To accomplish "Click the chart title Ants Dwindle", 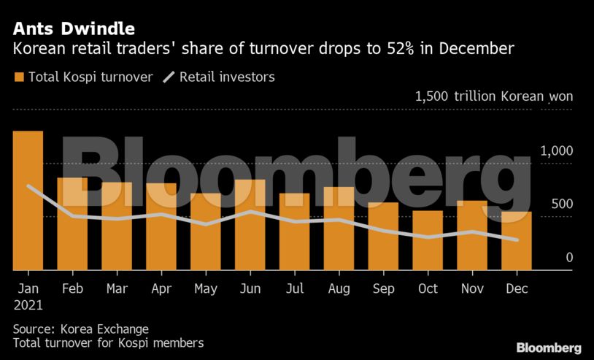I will pyautogui.click(x=73, y=29).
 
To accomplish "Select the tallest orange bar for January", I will pyautogui.click(x=28, y=201).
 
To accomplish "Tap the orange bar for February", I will pyautogui.click(x=72, y=223).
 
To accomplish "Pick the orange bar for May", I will pyautogui.click(x=205, y=231).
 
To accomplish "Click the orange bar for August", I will pyautogui.click(x=339, y=229).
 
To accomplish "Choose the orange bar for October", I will pyautogui.click(x=428, y=240).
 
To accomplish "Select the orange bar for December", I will pyautogui.click(x=516, y=241).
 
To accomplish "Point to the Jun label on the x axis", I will pyautogui.click(x=250, y=288).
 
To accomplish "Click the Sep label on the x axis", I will pyautogui.click(x=383, y=288).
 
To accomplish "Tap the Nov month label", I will pyautogui.click(x=472, y=288).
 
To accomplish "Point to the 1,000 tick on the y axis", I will pyautogui.click(x=557, y=150).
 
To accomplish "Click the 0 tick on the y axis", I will pyautogui.click(x=569, y=258).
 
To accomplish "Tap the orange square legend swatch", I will pyautogui.click(x=19, y=77).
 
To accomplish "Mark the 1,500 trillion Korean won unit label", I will pyautogui.click(x=494, y=96).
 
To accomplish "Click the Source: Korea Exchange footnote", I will pyautogui.click(x=81, y=329).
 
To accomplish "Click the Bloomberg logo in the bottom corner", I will pyautogui.click(x=548, y=348).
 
